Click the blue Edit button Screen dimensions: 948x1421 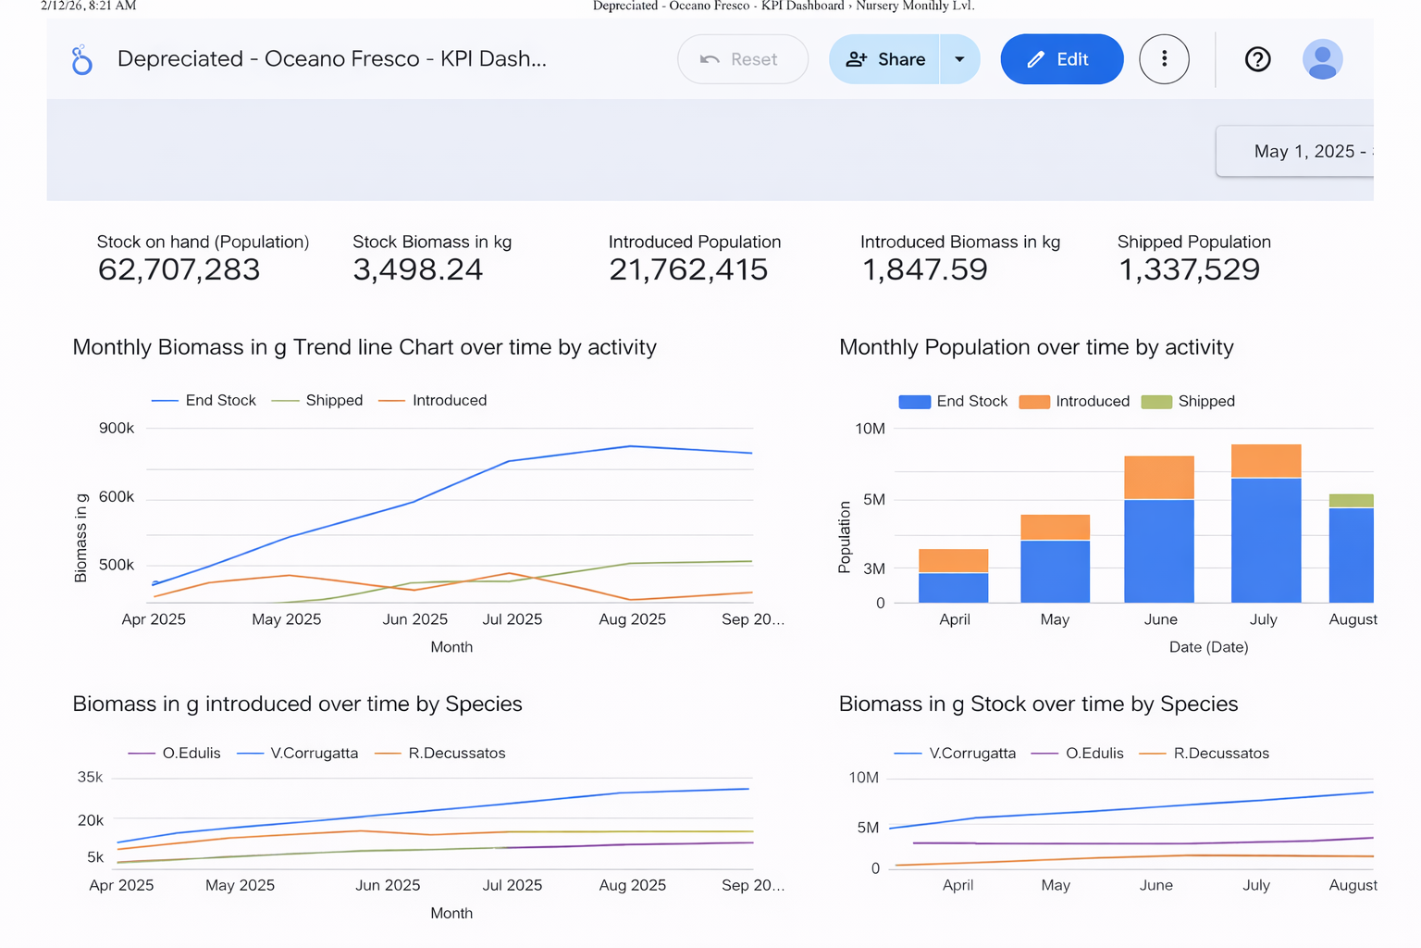coord(1061,59)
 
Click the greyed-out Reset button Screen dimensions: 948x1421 coord(742,59)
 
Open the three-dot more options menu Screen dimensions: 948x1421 coord(1164,59)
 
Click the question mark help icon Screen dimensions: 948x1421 coord(1257,59)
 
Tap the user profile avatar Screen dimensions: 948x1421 coord(1322,59)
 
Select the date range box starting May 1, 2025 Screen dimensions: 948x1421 coord(1304,152)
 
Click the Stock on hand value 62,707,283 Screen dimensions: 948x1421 coord(179,269)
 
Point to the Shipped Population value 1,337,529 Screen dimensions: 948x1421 coord(1189,269)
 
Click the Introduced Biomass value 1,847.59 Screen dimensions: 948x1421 coord(924,269)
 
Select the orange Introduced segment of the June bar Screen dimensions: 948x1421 coord(1158,477)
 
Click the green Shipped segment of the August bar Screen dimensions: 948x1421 coord(1351,501)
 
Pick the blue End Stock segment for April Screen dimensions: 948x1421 coord(953,588)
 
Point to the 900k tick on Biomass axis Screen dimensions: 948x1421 coord(117,428)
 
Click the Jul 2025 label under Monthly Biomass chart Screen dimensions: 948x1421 coord(512,619)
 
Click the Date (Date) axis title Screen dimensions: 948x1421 coord(1208,647)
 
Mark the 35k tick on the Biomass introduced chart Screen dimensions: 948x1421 coord(91,778)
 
